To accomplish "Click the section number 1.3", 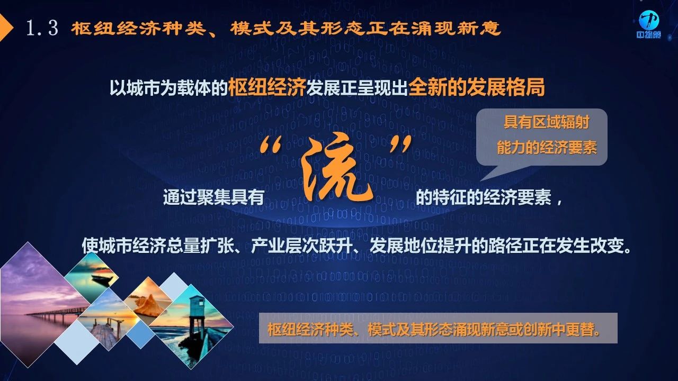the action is (x=42, y=29).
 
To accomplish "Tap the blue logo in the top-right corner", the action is (x=649, y=24).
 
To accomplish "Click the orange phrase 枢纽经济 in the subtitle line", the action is (x=266, y=87).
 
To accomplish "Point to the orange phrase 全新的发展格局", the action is (x=476, y=87).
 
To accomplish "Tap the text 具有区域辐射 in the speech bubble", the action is (x=546, y=122).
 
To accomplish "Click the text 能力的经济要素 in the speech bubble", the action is (x=547, y=148).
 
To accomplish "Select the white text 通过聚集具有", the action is (x=213, y=197).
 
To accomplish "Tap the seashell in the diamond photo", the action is (x=148, y=305).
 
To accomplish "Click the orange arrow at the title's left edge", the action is (x=6, y=28).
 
